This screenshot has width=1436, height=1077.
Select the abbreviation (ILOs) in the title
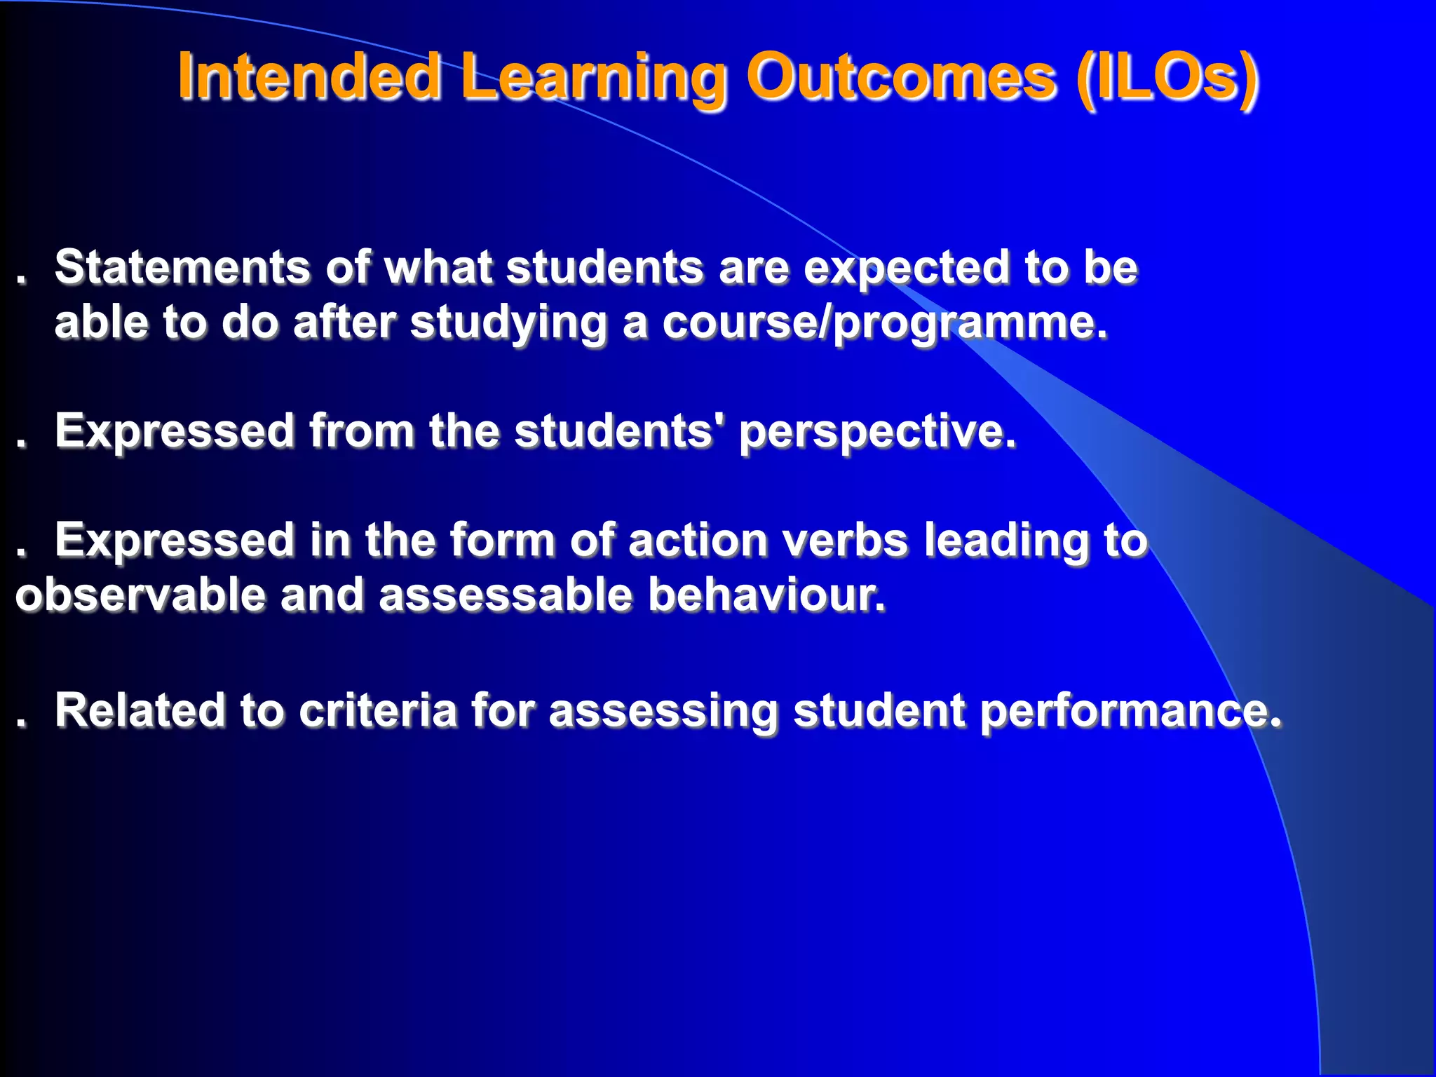[x=1167, y=77]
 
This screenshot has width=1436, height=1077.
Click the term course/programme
[x=884, y=324]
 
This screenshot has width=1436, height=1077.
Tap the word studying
[x=508, y=324]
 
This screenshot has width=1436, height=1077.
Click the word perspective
[x=877, y=432]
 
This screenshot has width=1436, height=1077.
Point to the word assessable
[x=505, y=595]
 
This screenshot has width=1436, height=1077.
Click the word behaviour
[x=766, y=595]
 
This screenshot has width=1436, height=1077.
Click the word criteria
[x=378, y=710]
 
